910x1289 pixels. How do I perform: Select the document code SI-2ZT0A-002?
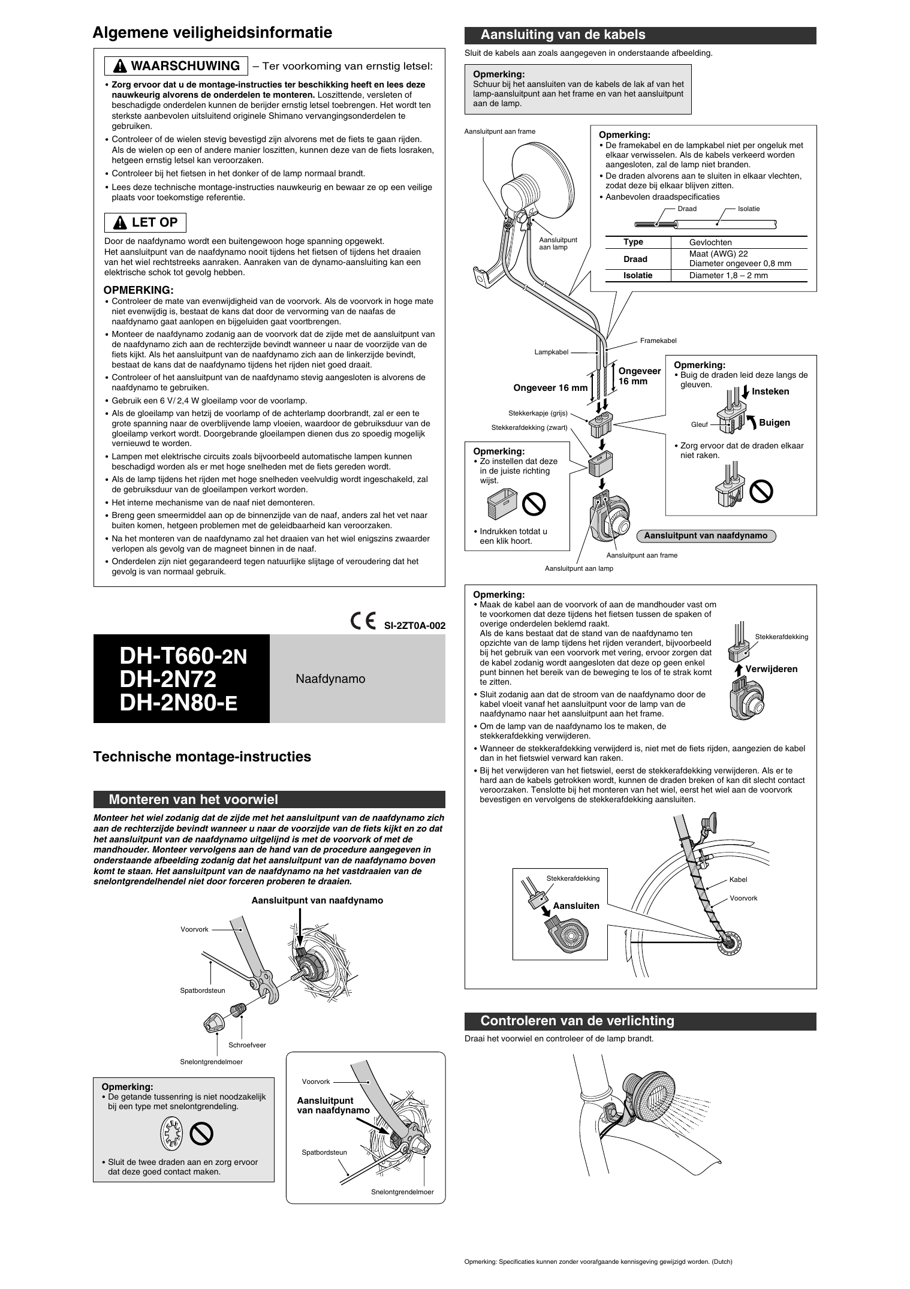point(415,625)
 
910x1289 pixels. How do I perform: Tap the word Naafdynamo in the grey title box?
point(330,679)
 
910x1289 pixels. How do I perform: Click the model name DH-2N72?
point(168,679)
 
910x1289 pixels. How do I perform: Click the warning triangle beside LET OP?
point(121,222)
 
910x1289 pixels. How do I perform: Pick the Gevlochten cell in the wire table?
point(710,242)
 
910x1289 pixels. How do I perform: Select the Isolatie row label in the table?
point(637,275)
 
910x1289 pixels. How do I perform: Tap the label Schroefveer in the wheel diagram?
point(247,1045)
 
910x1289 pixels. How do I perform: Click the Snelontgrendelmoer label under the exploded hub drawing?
point(212,1062)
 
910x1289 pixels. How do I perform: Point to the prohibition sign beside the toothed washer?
point(202,1134)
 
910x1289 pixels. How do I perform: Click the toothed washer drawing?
point(171,1134)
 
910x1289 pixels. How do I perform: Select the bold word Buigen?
point(775,423)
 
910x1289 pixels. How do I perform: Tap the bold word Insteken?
point(770,391)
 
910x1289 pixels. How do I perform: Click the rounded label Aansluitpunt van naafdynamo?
point(706,535)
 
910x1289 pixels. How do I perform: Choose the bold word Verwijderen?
point(771,669)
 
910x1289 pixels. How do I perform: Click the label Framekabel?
point(658,341)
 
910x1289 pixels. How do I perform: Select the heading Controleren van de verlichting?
point(577,1020)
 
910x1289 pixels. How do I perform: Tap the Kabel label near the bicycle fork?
point(738,880)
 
